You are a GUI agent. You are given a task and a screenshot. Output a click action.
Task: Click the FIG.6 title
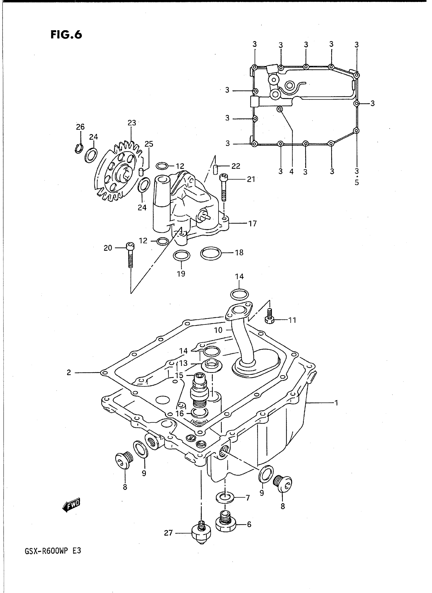tap(66, 35)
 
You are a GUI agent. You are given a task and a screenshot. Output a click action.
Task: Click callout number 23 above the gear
tap(132, 123)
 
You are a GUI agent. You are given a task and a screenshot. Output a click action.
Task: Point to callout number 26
tap(80, 127)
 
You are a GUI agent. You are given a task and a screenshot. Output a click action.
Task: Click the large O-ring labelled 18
tap(210, 253)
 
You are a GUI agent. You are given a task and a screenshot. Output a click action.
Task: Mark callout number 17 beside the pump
tap(252, 223)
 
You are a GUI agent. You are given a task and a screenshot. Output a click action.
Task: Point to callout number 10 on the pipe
tap(218, 330)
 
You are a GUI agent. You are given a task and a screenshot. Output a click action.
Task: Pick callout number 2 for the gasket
tap(69, 372)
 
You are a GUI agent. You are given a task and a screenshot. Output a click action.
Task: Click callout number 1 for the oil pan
tap(336, 403)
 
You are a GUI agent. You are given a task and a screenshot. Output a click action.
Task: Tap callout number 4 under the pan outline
tap(291, 172)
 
